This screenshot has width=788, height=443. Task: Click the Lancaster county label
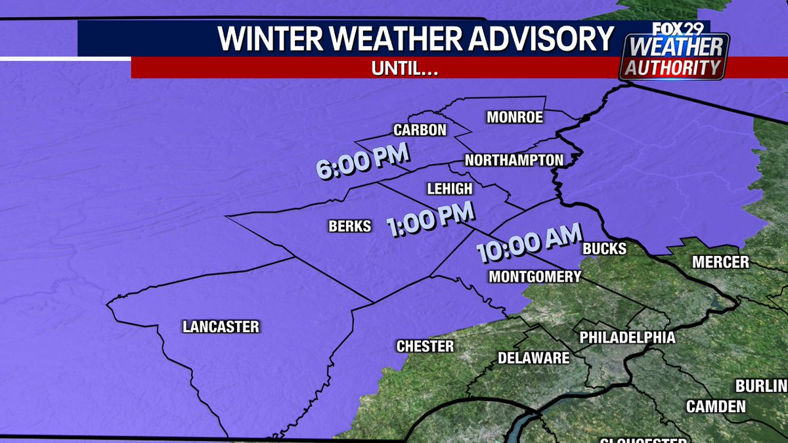coord(221,326)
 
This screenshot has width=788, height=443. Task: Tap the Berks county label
coord(349,226)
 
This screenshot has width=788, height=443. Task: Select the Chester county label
coord(425,346)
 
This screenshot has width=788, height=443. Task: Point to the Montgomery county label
coord(535,276)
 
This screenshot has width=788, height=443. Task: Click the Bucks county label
coord(604,249)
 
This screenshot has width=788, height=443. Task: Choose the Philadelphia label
coord(627,337)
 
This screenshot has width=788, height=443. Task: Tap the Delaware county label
coord(533,358)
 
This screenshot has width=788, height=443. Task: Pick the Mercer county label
coord(720,263)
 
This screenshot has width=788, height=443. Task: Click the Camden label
coord(716,406)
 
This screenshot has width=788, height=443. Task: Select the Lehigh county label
coord(449,189)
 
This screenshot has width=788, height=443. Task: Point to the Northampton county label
coord(514,160)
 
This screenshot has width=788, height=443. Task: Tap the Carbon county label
coord(420,130)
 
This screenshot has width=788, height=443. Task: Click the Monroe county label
coord(515,117)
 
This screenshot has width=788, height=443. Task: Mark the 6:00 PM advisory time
coord(362,161)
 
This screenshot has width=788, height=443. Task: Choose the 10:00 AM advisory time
coord(529,243)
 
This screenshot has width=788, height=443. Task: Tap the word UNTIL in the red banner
coord(405,68)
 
